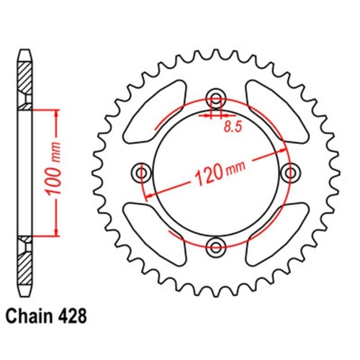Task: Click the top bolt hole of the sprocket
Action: click(x=215, y=99)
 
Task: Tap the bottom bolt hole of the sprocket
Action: click(x=215, y=247)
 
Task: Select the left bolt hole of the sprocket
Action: click(x=142, y=173)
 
